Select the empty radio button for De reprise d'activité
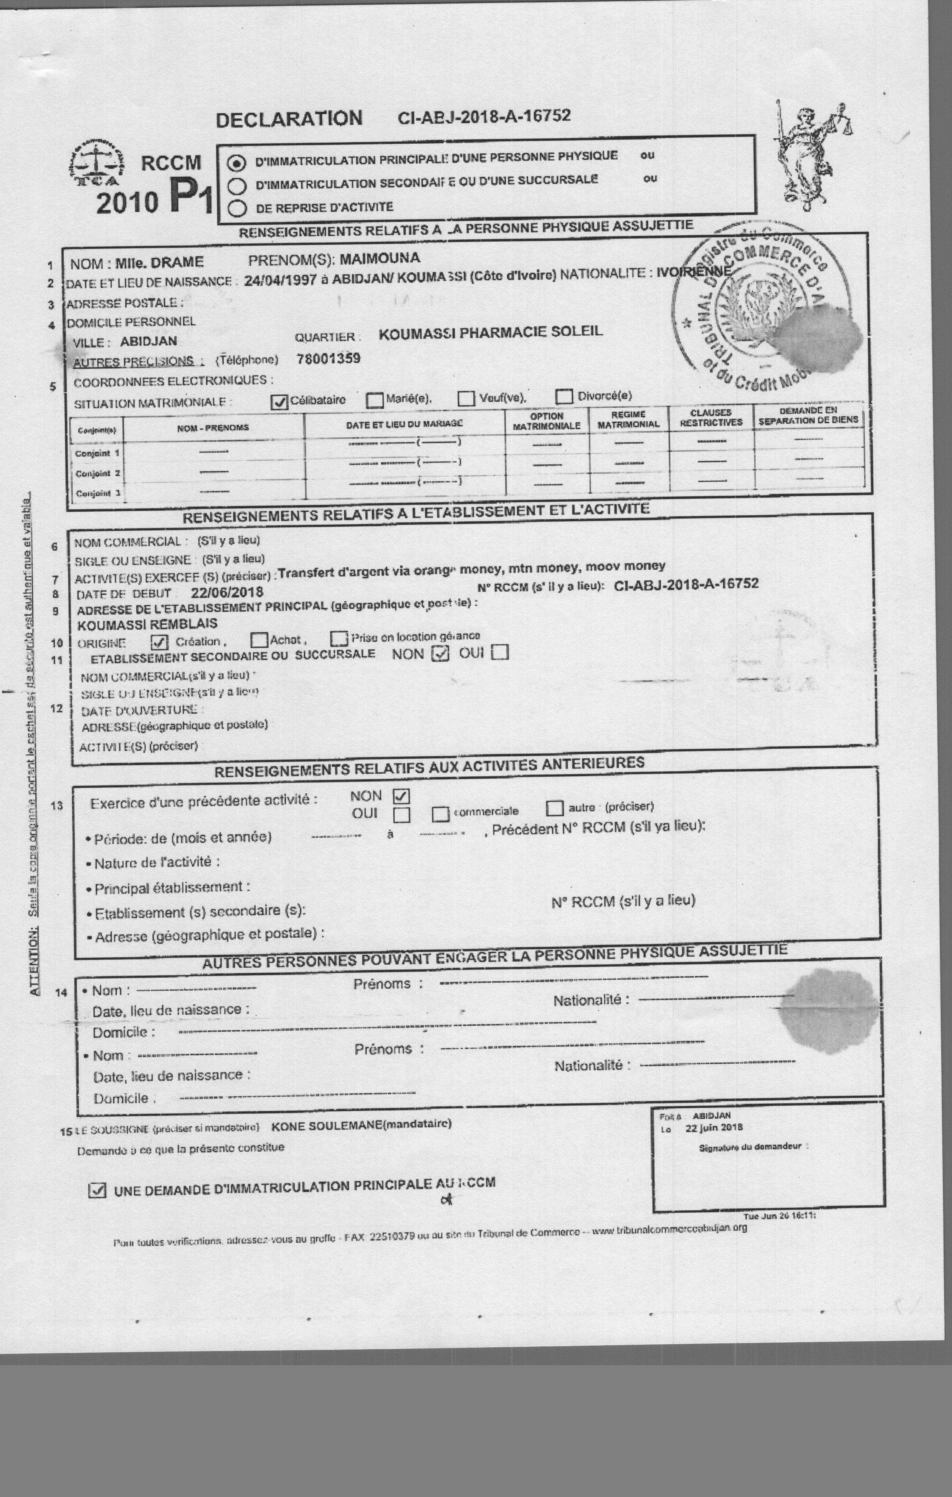[237, 208]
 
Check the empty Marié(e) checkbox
[375, 400]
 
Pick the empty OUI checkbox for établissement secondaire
[500, 652]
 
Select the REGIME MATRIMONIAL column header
[628, 419]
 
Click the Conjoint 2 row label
[98, 474]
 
